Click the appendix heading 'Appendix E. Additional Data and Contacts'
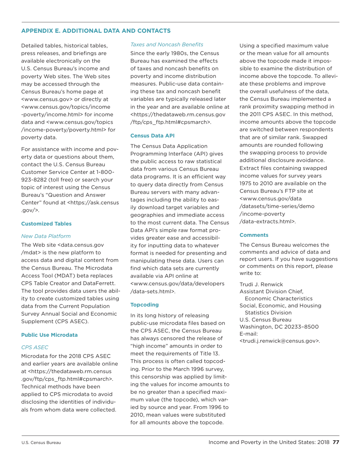coord(96,30)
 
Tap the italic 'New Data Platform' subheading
coord(46,236)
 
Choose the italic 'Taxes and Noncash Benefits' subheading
coord(167,45)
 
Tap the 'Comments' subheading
coord(254,235)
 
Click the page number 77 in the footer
coord(335,442)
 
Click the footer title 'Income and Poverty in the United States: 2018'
coord(269,442)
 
